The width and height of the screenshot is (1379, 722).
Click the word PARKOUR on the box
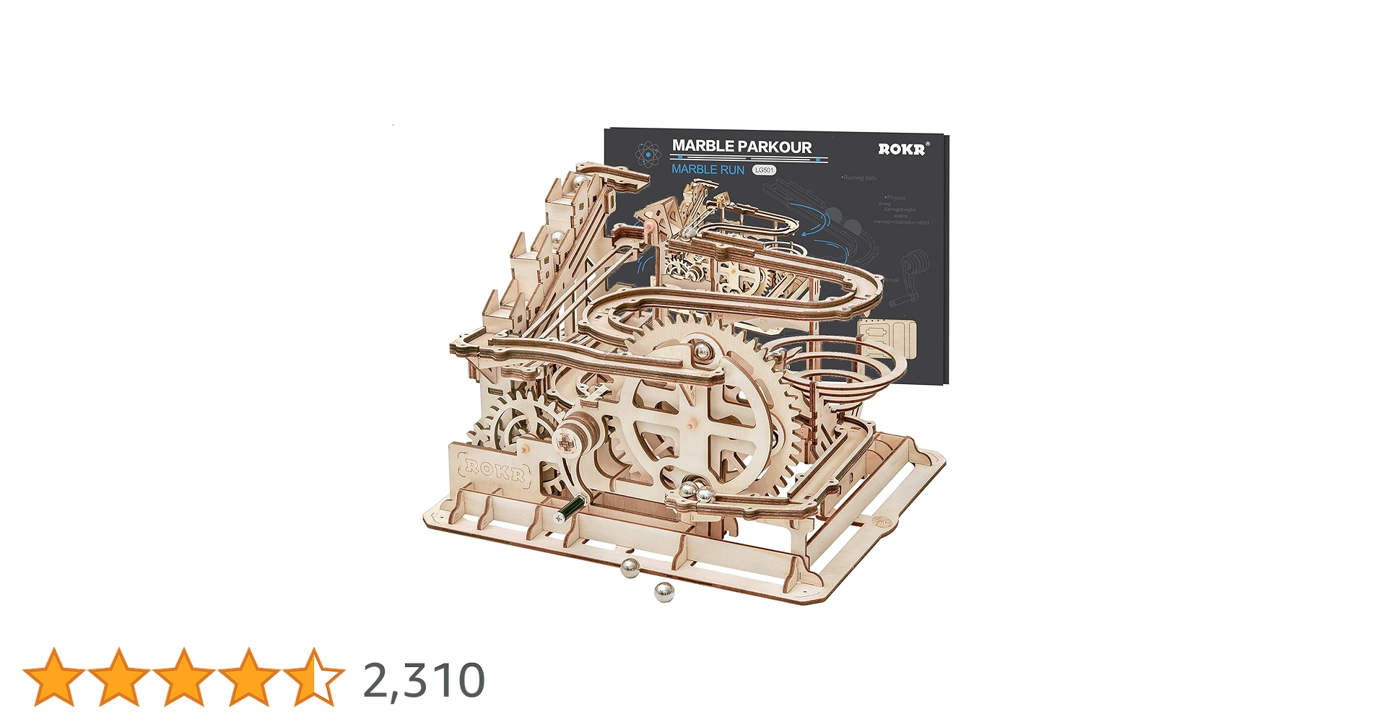tap(772, 147)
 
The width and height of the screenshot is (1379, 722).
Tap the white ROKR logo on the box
tap(902, 149)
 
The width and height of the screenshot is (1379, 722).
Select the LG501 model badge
tap(764, 170)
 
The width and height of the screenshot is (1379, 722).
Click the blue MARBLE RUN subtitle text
tap(708, 170)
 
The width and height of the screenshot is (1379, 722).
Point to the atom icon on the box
tap(648, 154)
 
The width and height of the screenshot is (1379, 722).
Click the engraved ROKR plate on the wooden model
tap(495, 470)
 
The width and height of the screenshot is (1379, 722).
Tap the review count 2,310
tap(423, 680)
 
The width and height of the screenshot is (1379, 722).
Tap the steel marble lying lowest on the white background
tap(665, 593)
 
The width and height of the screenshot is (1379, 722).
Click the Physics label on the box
tap(895, 197)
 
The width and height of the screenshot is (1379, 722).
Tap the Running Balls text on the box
tap(859, 178)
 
